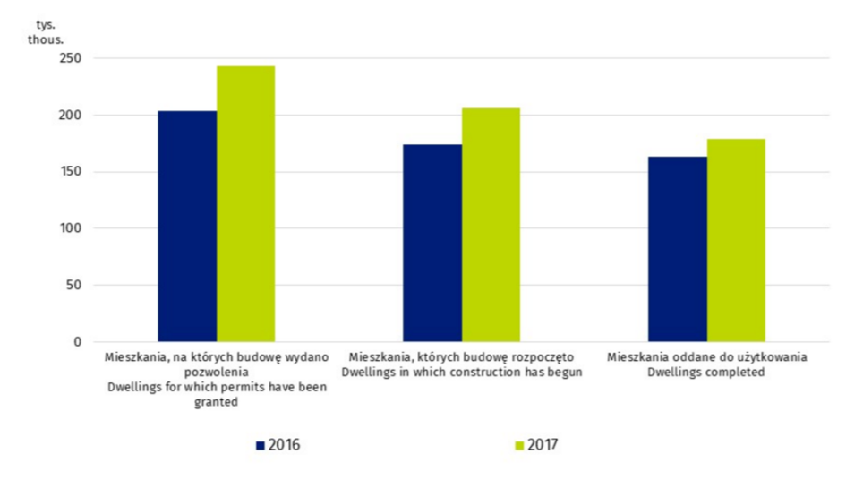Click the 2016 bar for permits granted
click(x=187, y=226)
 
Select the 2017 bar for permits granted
click(x=245, y=203)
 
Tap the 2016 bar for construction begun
click(x=432, y=243)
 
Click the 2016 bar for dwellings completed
click(x=677, y=249)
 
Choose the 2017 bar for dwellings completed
click(x=736, y=240)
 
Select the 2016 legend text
click(x=284, y=444)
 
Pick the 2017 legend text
click(x=543, y=444)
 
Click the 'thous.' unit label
click(x=42, y=40)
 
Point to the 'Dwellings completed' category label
click(x=706, y=373)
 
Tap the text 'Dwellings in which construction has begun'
click(x=461, y=373)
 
